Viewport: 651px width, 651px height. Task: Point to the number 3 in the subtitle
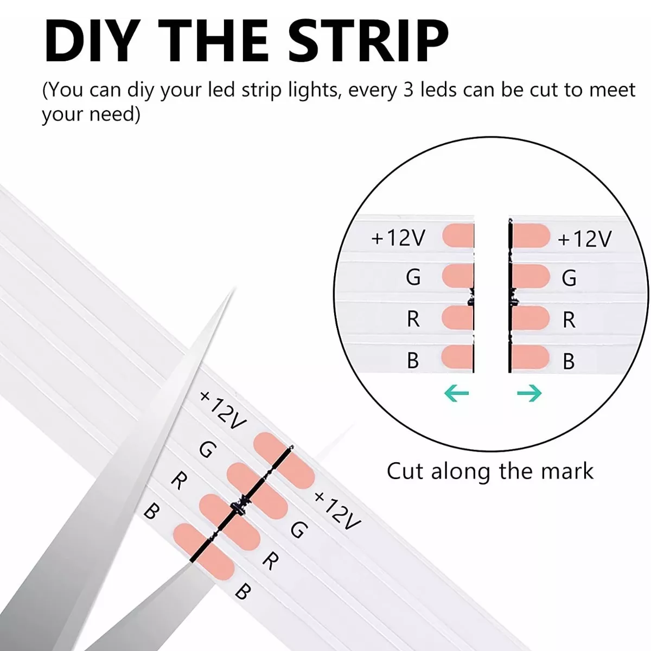408,90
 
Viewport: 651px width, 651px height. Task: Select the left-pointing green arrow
456,393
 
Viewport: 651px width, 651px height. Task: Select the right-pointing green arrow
529,393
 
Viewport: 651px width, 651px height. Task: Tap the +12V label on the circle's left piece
398,238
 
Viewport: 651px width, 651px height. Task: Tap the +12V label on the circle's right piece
584,239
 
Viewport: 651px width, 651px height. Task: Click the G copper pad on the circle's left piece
458,276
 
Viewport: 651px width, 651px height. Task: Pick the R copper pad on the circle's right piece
531,317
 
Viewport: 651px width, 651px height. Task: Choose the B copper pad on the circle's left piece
458,357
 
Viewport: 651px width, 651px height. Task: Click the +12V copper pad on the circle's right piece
531,235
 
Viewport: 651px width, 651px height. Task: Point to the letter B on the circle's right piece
569,361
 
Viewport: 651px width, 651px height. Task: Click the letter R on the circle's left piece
413,319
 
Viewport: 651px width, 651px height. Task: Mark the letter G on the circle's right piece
569,278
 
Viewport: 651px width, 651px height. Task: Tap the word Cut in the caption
405,471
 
